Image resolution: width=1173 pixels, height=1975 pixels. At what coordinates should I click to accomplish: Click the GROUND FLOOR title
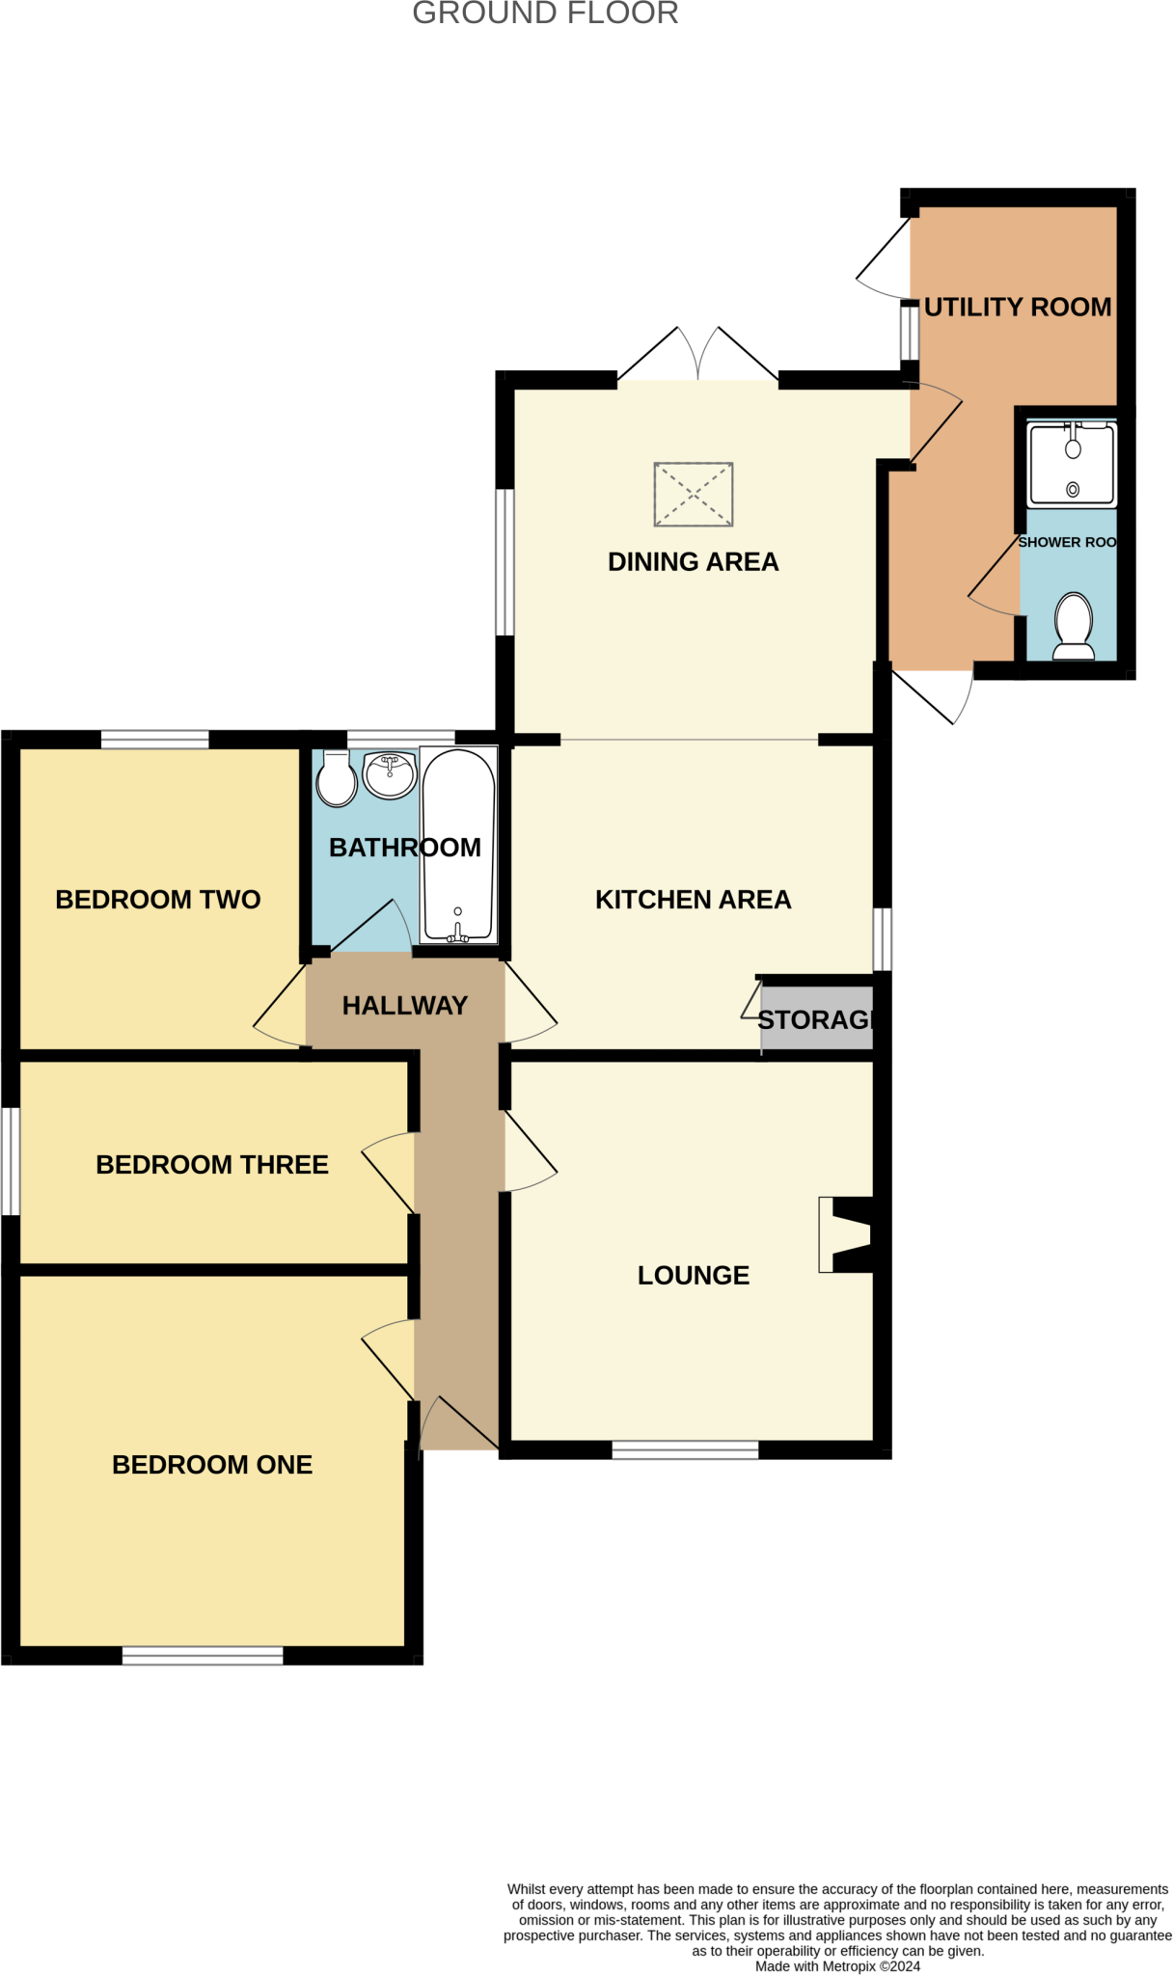pyautogui.click(x=545, y=14)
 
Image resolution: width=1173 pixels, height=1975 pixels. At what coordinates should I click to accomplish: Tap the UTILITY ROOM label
pyautogui.click(x=1017, y=307)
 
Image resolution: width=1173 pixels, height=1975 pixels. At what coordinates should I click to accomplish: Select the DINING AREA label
pyautogui.click(x=693, y=561)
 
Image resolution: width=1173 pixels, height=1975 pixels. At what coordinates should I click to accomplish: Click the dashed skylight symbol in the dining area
pyautogui.click(x=693, y=495)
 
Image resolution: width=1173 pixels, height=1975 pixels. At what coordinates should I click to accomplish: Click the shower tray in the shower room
pyautogui.click(x=1072, y=466)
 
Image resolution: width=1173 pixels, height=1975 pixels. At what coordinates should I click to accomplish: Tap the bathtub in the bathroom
pyautogui.click(x=458, y=845)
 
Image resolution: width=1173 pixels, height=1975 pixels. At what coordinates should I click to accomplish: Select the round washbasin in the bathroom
pyautogui.click(x=390, y=774)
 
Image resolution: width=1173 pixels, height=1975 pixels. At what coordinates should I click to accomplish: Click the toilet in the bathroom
pyautogui.click(x=337, y=779)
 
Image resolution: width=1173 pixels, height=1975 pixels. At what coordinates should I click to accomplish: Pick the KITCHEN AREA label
pyautogui.click(x=693, y=899)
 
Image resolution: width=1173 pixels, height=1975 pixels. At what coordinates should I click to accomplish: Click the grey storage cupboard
pyautogui.click(x=816, y=1018)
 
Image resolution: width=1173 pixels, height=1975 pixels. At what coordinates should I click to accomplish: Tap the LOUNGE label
pyautogui.click(x=693, y=1275)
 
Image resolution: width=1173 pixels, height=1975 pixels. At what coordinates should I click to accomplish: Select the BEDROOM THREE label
pyautogui.click(x=212, y=1164)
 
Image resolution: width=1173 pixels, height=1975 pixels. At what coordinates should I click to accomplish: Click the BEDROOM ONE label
pyautogui.click(x=212, y=1464)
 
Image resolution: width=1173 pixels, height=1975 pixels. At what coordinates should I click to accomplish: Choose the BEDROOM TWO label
pyautogui.click(x=158, y=899)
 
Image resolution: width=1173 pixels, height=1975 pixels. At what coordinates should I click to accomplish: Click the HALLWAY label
pyautogui.click(x=404, y=1005)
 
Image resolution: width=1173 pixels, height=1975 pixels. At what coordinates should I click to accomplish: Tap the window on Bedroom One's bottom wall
pyautogui.click(x=203, y=1656)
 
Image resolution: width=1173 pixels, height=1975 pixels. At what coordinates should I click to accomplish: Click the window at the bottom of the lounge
pyautogui.click(x=685, y=1449)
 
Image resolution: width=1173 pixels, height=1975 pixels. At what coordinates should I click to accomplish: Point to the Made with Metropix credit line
pyautogui.click(x=837, y=1965)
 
